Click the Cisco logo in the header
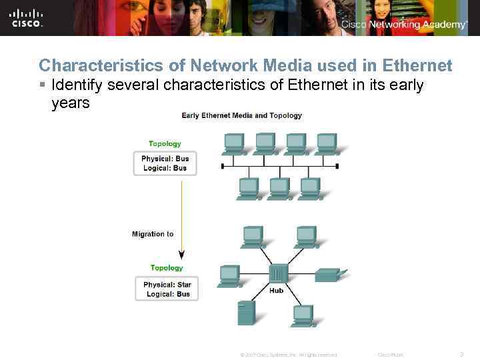click(x=27, y=18)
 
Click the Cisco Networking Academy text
click(x=404, y=25)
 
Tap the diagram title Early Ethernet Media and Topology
click(x=241, y=115)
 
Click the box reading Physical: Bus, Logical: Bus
click(x=165, y=163)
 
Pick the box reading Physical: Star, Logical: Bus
click(x=167, y=289)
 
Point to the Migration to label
click(x=153, y=234)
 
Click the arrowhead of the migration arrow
click(x=181, y=255)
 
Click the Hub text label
click(x=277, y=291)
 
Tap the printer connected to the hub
click(x=329, y=275)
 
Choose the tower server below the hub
click(x=246, y=313)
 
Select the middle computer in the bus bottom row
click(x=279, y=188)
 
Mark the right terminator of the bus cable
click(x=337, y=166)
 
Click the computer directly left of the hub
click(x=229, y=275)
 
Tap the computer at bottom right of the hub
click(x=303, y=315)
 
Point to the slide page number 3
click(x=463, y=354)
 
